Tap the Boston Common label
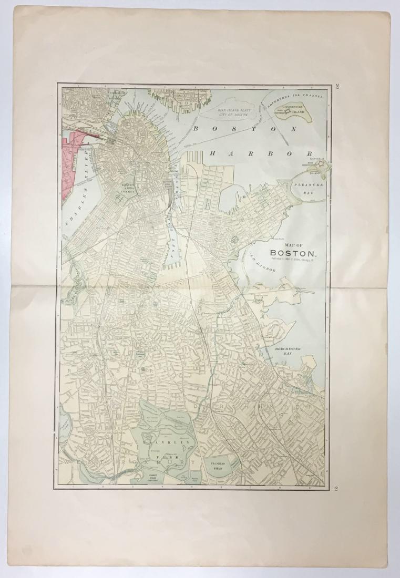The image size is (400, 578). click(129, 189)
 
